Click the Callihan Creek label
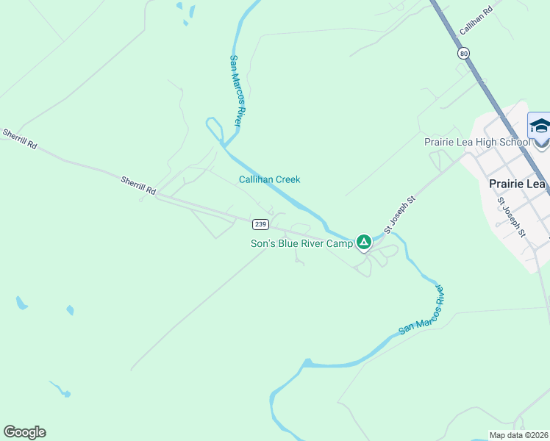(x=269, y=179)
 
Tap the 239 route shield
(x=260, y=223)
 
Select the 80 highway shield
(x=463, y=54)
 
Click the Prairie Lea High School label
(x=476, y=142)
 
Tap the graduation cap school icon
(x=540, y=126)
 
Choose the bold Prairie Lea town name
(x=518, y=184)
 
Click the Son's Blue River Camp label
(x=301, y=243)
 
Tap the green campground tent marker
(x=363, y=242)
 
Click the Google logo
(x=24, y=432)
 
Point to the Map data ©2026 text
(x=518, y=435)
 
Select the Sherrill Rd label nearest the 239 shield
(x=139, y=184)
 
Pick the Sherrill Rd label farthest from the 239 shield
(x=20, y=139)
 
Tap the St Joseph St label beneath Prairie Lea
(x=512, y=217)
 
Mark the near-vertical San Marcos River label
(x=236, y=90)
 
